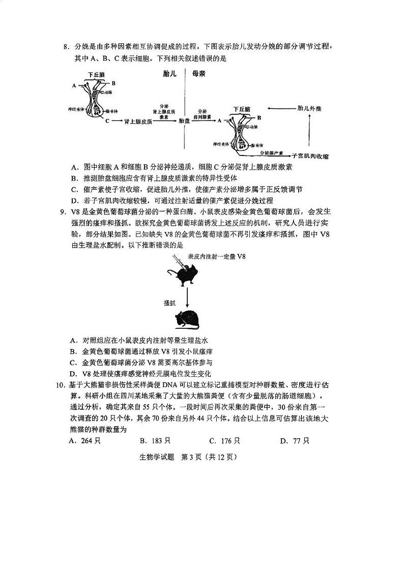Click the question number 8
tap(66, 48)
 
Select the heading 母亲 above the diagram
tap(198, 74)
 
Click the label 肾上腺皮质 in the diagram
tap(138, 121)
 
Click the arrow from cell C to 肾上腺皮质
tap(117, 121)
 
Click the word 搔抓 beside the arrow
tap(170, 302)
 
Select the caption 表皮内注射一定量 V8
tap(216, 257)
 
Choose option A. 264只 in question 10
tap(84, 441)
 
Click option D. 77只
tap(294, 441)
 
